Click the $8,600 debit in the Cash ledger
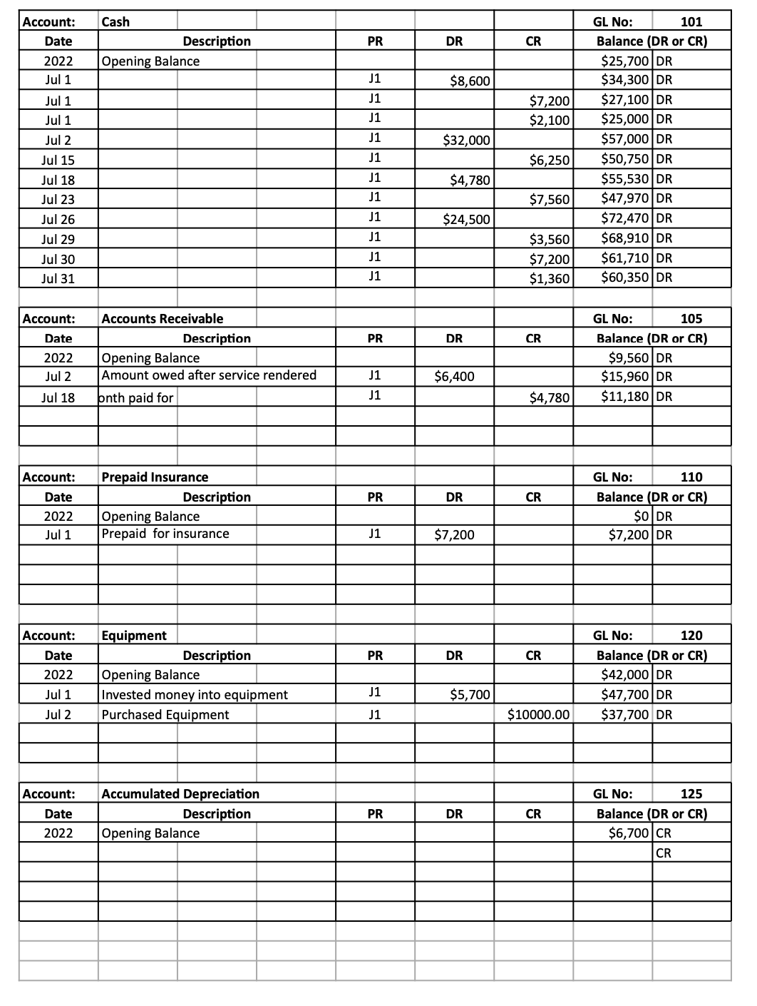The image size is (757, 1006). click(470, 81)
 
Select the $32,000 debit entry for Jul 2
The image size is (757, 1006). click(466, 141)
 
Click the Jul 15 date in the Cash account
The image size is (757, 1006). click(58, 161)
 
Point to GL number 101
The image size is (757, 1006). click(691, 21)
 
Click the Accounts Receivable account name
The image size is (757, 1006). click(162, 319)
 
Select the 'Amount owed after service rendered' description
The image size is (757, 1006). click(209, 375)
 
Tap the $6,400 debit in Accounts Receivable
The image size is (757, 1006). click(454, 377)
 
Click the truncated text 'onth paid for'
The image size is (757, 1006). click(135, 397)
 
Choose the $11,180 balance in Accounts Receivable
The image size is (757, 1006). click(625, 397)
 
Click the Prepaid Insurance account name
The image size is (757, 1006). click(155, 477)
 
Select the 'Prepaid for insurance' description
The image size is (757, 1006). click(165, 534)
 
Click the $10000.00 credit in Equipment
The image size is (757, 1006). click(538, 715)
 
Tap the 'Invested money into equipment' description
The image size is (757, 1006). click(195, 695)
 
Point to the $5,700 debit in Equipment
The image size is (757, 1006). click(470, 695)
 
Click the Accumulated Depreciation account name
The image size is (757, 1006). click(180, 794)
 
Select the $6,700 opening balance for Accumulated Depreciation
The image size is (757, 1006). click(628, 833)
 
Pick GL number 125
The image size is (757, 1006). click(691, 794)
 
